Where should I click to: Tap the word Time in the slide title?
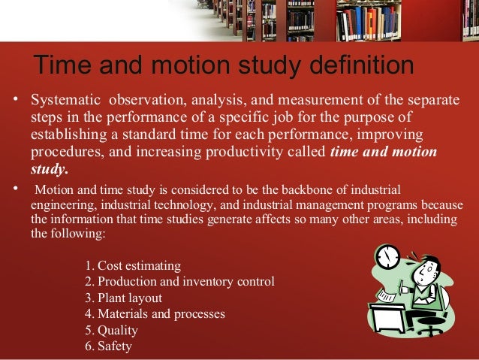[62, 65]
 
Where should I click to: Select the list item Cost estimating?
[133, 266]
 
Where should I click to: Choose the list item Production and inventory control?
[179, 282]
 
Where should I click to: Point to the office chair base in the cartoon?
[431, 331]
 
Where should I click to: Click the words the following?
[68, 234]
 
